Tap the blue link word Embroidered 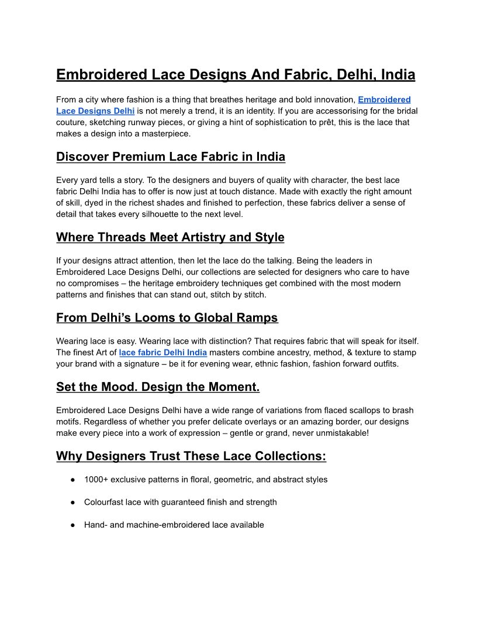click(x=384, y=100)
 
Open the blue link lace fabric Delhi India click(x=163, y=352)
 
